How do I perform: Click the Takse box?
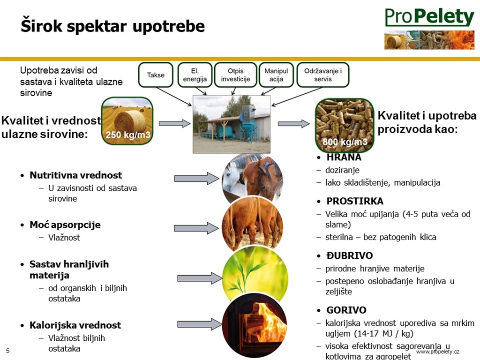click(156, 75)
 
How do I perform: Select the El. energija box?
click(195, 75)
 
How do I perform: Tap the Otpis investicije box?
click(235, 75)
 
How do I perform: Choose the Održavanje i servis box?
click(322, 75)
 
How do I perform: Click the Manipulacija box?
click(276, 75)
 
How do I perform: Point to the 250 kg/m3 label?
click(128, 135)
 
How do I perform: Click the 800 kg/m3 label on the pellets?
click(345, 142)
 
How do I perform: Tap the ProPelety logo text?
click(429, 17)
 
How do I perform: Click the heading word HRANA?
click(344, 157)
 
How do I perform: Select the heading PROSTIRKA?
click(355, 201)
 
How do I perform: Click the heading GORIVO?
click(346, 310)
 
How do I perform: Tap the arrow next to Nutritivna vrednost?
click(197, 179)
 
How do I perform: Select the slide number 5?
click(7, 351)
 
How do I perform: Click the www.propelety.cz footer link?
click(438, 352)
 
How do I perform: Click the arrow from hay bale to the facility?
click(174, 123)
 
